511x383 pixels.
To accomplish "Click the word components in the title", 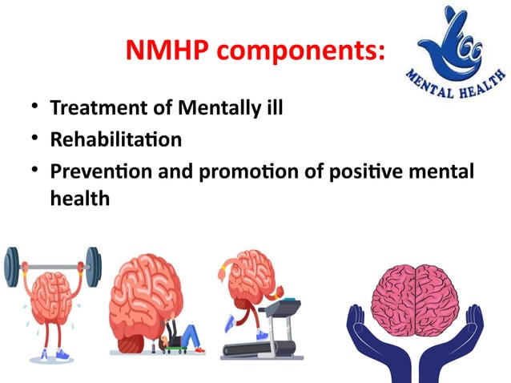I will point(302,52).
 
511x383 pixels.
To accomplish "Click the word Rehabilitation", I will point(115,139).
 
